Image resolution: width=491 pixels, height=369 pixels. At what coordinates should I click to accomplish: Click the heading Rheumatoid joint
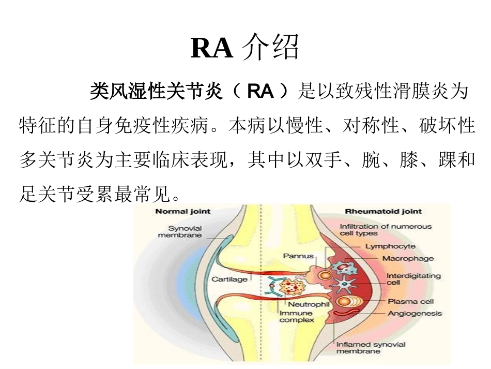coord(383,211)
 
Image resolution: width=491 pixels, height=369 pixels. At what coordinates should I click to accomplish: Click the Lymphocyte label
coord(390,246)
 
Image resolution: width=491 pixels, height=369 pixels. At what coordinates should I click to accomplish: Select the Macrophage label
coord(408,258)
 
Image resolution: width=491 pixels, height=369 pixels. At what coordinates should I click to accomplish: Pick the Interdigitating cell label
coord(413,279)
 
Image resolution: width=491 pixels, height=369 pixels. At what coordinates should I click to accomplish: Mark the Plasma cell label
coord(411,301)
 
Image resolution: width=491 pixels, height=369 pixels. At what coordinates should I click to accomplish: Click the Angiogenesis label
coord(415,313)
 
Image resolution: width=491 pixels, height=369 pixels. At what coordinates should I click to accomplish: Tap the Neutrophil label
coord(308,304)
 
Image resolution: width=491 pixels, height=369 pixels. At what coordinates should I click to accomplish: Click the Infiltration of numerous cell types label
coord(385,230)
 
